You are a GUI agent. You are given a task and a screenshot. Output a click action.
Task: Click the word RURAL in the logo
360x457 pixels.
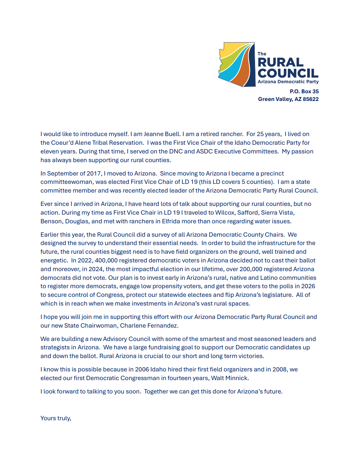[x=280, y=63]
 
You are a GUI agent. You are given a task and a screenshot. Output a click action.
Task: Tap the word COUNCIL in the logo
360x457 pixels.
[x=288, y=74]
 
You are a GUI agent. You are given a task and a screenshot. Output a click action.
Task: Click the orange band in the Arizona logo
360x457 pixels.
[x=240, y=72]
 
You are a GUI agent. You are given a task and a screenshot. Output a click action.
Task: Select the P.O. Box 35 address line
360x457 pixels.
[x=304, y=91]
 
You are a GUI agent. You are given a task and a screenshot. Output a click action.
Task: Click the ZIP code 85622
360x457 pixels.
[x=311, y=99]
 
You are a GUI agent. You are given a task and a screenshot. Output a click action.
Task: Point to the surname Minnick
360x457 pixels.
[x=237, y=378]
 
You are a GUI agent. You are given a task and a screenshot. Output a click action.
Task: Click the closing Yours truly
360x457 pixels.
[x=56, y=418]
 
